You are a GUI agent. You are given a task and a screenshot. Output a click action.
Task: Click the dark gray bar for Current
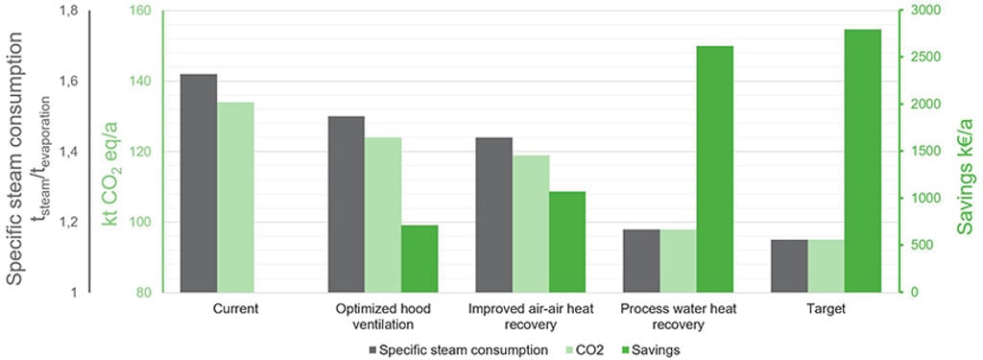click(x=199, y=183)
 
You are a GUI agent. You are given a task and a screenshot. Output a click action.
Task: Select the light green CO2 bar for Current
click(x=236, y=197)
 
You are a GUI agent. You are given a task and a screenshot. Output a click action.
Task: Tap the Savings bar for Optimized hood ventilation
click(x=420, y=258)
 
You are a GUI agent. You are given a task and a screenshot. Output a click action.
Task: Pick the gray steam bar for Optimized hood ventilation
click(x=346, y=204)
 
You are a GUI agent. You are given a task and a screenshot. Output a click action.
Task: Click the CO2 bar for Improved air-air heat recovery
click(x=530, y=224)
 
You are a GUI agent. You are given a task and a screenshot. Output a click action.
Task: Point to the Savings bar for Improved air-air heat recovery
click(x=567, y=242)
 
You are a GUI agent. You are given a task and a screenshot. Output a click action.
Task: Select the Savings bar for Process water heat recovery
click(x=714, y=169)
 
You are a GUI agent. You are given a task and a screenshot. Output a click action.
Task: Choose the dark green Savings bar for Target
click(x=863, y=160)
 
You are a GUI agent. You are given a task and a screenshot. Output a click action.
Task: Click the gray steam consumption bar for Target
click(x=789, y=266)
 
